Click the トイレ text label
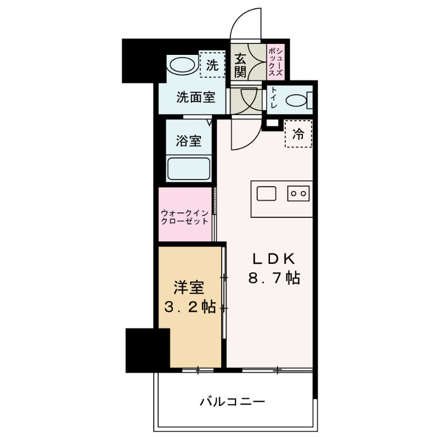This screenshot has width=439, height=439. tap(273, 99)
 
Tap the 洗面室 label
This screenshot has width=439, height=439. tap(195, 98)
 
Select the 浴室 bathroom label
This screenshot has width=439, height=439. tap(188, 140)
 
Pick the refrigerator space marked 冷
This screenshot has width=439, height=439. tap(298, 134)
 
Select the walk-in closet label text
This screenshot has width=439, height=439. tap(185, 217)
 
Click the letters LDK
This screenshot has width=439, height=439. tap(274, 258)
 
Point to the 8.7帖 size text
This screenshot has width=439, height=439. tap(274, 278)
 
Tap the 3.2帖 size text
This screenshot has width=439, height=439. tap(189, 307)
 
